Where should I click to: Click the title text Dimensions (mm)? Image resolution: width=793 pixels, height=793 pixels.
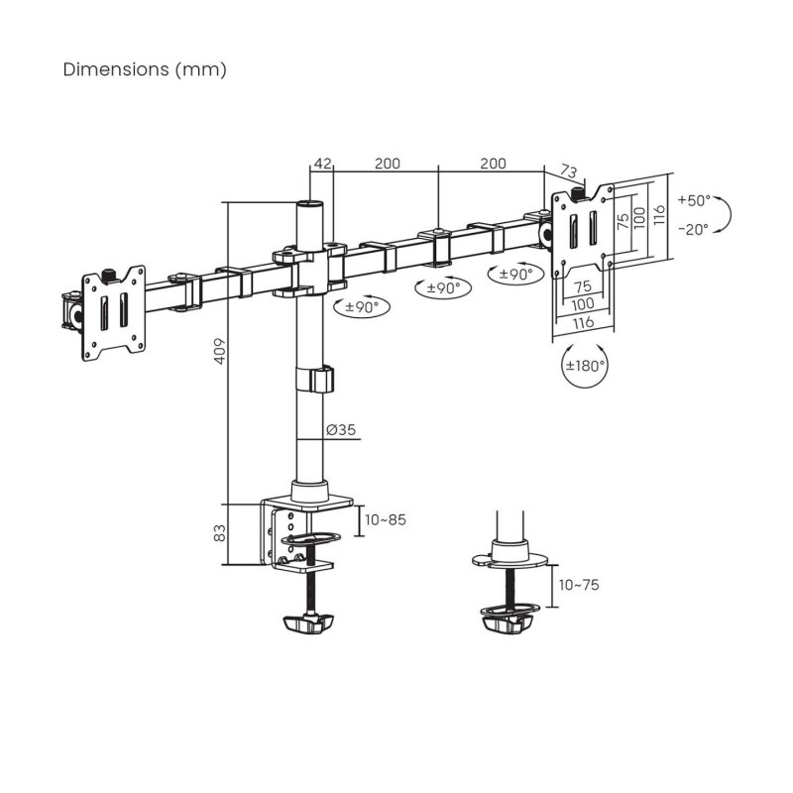tap(145, 69)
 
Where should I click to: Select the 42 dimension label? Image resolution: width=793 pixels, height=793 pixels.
tap(321, 164)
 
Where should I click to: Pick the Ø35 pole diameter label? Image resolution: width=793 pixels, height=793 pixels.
tap(341, 430)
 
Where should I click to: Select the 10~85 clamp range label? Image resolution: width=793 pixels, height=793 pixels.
tap(386, 519)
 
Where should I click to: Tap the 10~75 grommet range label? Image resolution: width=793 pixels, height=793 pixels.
tap(579, 585)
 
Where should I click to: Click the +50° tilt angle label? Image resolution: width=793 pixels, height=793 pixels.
tap(695, 200)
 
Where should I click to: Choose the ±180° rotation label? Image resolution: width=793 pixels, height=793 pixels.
tap(585, 365)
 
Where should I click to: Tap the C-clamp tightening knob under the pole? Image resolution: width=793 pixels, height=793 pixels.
tap(306, 624)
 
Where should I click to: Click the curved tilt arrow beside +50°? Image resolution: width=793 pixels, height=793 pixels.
tap(726, 213)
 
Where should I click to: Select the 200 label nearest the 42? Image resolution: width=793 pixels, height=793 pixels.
tap(387, 164)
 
